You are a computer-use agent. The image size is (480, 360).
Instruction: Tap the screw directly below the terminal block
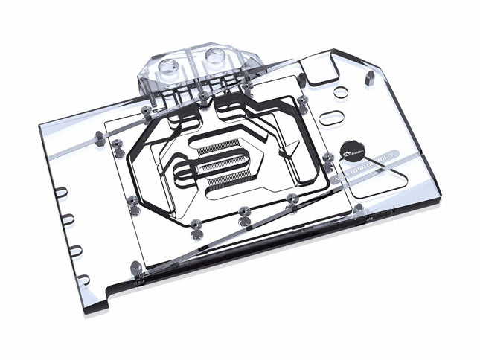(202, 97)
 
